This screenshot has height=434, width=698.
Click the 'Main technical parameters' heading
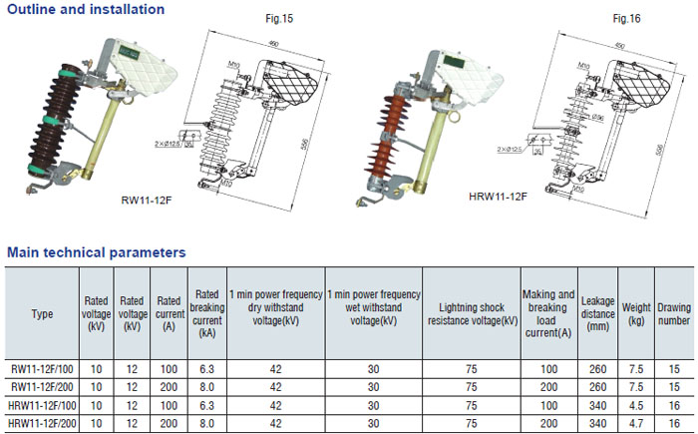coord(96,252)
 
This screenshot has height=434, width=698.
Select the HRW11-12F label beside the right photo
coord(498,197)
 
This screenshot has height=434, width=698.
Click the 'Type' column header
coord(42,314)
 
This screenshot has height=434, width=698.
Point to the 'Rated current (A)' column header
coord(169,314)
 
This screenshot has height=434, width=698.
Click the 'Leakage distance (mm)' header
coord(598,314)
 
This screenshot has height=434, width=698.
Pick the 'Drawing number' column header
coord(673,314)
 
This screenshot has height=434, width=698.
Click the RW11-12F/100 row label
coord(42,369)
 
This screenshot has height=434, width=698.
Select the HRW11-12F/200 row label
coord(42,422)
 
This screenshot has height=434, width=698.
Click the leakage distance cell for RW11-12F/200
coord(598,387)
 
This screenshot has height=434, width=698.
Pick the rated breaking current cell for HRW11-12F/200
coord(207,422)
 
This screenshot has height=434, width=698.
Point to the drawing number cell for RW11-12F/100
coord(673,369)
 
